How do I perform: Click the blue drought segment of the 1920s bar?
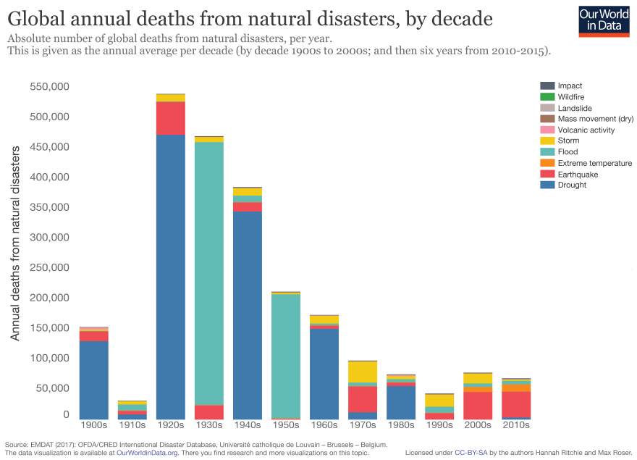[x=171, y=275]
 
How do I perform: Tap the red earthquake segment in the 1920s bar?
[x=171, y=118]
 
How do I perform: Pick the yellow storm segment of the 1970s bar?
[x=363, y=372]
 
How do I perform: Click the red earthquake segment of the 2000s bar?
[x=478, y=406]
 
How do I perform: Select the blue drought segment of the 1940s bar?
[x=248, y=315]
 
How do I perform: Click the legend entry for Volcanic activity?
[x=586, y=130]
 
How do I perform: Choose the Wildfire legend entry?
[x=570, y=97]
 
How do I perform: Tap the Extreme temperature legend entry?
[x=594, y=164]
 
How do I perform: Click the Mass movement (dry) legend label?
[x=596, y=119]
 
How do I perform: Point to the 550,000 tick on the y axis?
[x=49, y=86]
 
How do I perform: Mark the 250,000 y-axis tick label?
[x=49, y=267]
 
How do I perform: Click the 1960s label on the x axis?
[x=324, y=425]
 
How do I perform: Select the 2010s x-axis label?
[x=516, y=425]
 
